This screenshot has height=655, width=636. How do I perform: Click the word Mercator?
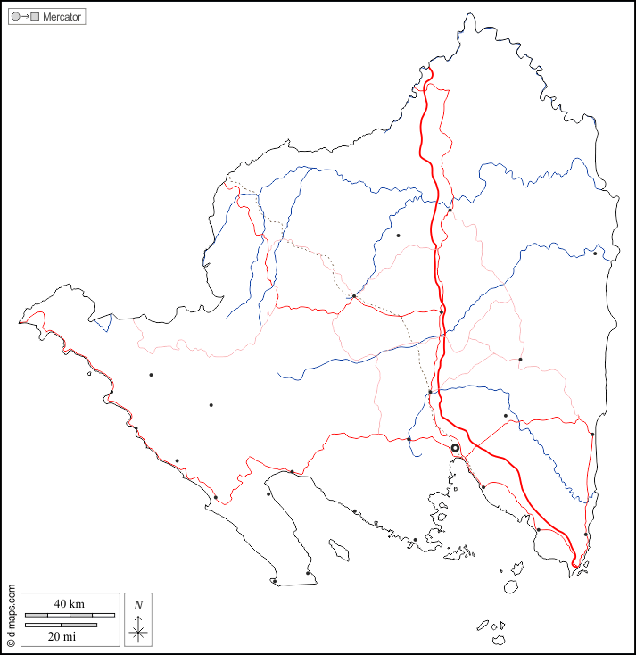pyautogui.click(x=62, y=17)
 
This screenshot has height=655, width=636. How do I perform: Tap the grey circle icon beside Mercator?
pyautogui.click(x=15, y=17)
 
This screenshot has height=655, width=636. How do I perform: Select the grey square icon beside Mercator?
pyautogui.click(x=35, y=17)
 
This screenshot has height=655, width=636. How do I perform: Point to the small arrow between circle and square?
pyautogui.click(x=25, y=17)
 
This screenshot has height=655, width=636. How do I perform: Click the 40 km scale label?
pyautogui.click(x=69, y=604)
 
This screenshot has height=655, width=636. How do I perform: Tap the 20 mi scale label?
pyautogui.click(x=62, y=636)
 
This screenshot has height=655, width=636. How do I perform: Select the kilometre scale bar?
pyautogui.click(x=70, y=615)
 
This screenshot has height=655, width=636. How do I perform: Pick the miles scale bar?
pyautogui.click(x=61, y=625)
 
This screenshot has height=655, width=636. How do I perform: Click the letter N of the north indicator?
pyautogui.click(x=138, y=605)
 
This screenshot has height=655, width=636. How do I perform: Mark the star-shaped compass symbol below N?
pyautogui.click(x=138, y=632)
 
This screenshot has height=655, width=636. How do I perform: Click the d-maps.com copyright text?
pyautogui.click(x=12, y=616)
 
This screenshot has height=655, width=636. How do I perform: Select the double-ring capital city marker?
pyautogui.click(x=455, y=448)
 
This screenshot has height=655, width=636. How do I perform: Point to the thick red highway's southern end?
pyautogui.click(x=575, y=564)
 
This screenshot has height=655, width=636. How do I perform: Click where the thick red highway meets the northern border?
pyautogui.click(x=428, y=70)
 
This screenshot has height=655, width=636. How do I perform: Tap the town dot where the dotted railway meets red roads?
pyautogui.click(x=354, y=296)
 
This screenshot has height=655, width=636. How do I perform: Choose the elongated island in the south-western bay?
pyautogui.click(x=338, y=548)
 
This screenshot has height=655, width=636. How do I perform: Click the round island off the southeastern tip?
pyautogui.click(x=511, y=586)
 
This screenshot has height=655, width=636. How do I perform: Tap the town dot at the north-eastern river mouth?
pyautogui.click(x=595, y=253)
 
